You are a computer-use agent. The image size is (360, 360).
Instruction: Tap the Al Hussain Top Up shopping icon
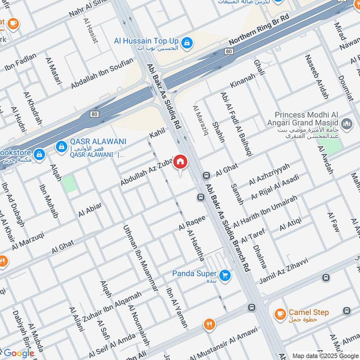pos(188,44)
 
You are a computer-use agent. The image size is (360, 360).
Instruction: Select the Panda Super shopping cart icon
pos(226,275)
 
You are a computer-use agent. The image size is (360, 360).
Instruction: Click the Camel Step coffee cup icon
pos(280,313)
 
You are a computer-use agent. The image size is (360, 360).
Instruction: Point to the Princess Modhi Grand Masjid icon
pos(346,123)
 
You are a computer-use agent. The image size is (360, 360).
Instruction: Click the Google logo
pos(18,353)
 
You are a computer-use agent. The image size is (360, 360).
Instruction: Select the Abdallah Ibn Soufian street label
pos(102,73)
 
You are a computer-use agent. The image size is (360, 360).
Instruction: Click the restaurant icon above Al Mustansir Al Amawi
pos(209,325)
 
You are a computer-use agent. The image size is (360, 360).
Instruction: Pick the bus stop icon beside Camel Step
pos(346,311)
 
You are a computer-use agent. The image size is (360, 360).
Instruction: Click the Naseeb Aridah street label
pos(317,76)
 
